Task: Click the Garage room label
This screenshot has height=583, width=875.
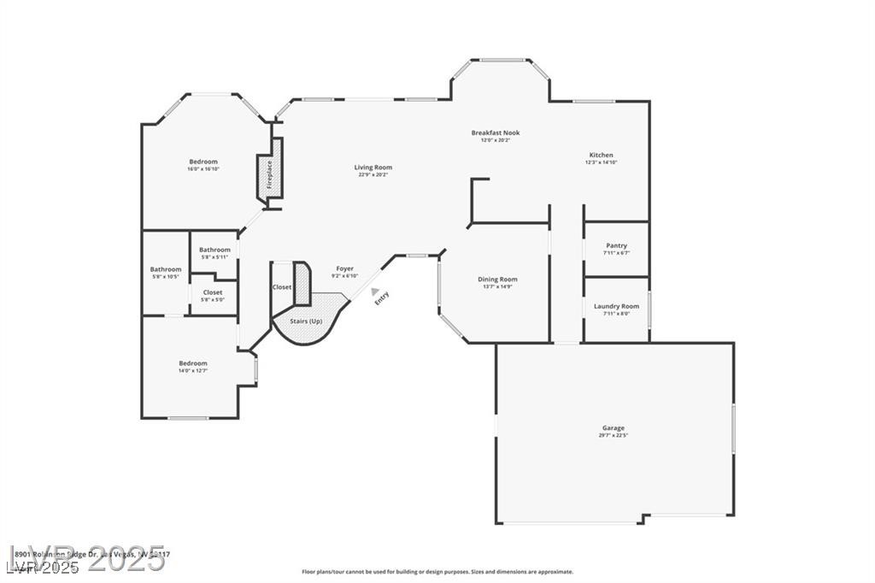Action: pyautogui.click(x=613, y=428)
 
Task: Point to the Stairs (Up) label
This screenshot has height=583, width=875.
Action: pyautogui.click(x=305, y=321)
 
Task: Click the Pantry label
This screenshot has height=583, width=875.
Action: pyautogui.click(x=616, y=246)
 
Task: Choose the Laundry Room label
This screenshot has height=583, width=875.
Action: pyautogui.click(x=616, y=306)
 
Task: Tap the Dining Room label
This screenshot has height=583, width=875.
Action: pyautogui.click(x=497, y=280)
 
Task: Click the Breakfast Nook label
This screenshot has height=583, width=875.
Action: pyautogui.click(x=495, y=132)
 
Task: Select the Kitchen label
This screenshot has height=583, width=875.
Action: pyautogui.click(x=601, y=155)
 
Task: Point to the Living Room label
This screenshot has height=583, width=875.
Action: pyautogui.click(x=374, y=167)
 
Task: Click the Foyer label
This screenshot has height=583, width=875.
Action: pyautogui.click(x=344, y=268)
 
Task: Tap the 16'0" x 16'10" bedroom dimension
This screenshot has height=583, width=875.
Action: pyautogui.click(x=203, y=169)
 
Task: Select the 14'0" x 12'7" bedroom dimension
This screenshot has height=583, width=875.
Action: pyautogui.click(x=193, y=371)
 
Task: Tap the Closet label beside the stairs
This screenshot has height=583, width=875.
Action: pyautogui.click(x=282, y=287)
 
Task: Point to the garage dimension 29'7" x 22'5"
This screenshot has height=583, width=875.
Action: pyautogui.click(x=613, y=436)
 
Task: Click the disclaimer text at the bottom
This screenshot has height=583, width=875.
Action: pyautogui.click(x=437, y=572)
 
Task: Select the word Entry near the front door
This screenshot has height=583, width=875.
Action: pyautogui.click(x=382, y=297)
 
